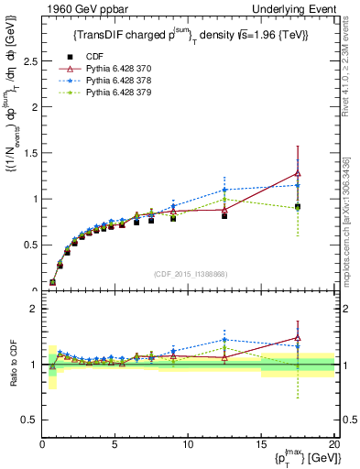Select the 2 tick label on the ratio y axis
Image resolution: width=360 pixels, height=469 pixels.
(x=32, y=309)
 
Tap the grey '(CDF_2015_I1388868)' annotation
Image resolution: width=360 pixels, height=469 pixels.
(x=188, y=275)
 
